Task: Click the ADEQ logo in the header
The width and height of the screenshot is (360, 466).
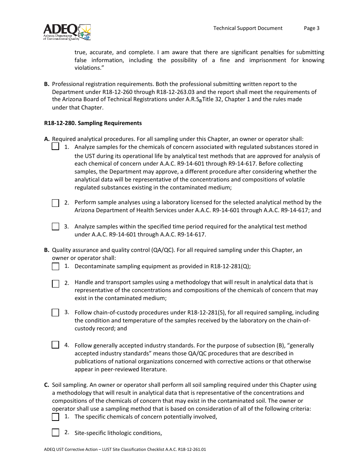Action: (x=67, y=32)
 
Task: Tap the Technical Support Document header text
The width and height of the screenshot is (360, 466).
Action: (x=247, y=28)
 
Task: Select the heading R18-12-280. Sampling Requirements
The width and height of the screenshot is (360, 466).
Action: (x=93, y=123)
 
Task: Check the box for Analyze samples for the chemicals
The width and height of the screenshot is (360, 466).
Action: (x=55, y=147)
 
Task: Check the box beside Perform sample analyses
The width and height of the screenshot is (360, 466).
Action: (x=55, y=203)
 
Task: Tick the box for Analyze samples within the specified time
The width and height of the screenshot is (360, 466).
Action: (x=55, y=227)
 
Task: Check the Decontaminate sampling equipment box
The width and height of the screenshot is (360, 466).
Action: (x=55, y=266)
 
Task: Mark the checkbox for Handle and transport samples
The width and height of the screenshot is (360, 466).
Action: (x=55, y=283)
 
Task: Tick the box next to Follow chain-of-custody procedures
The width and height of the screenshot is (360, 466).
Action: (x=55, y=313)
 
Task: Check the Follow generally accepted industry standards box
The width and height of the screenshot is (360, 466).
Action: (x=55, y=345)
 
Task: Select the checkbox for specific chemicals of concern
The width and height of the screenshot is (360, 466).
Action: (x=55, y=417)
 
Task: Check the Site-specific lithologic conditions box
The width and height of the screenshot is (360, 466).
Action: (x=55, y=433)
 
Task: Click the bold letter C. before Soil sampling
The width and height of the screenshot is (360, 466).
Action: (x=47, y=385)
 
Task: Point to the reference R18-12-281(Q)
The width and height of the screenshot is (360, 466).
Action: (x=230, y=266)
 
